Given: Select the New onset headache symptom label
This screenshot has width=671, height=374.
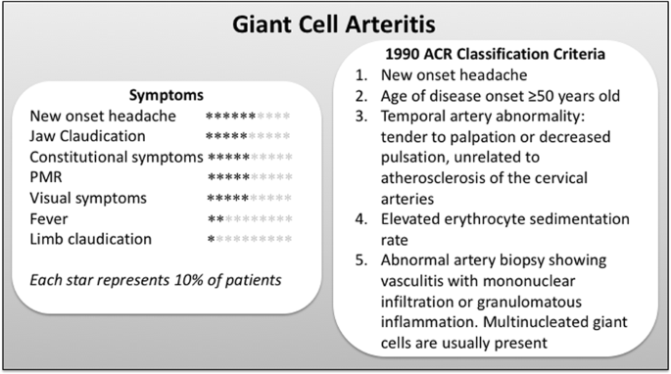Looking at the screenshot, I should (x=103, y=116).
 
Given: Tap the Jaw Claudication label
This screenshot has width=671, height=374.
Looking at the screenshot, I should (x=91, y=136).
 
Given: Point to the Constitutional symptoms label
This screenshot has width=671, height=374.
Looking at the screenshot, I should (x=116, y=157).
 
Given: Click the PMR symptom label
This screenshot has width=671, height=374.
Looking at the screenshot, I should (x=46, y=177).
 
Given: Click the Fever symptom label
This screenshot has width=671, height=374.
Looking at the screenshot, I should (x=49, y=217).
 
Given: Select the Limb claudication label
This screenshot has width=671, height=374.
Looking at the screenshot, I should (x=90, y=238).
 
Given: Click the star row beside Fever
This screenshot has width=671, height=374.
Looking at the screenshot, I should (x=249, y=218).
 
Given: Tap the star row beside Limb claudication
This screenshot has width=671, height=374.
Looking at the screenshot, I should (x=249, y=239).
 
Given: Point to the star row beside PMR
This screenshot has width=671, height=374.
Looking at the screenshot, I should (x=249, y=178).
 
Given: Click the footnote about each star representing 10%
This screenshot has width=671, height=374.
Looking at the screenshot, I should (x=156, y=279).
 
